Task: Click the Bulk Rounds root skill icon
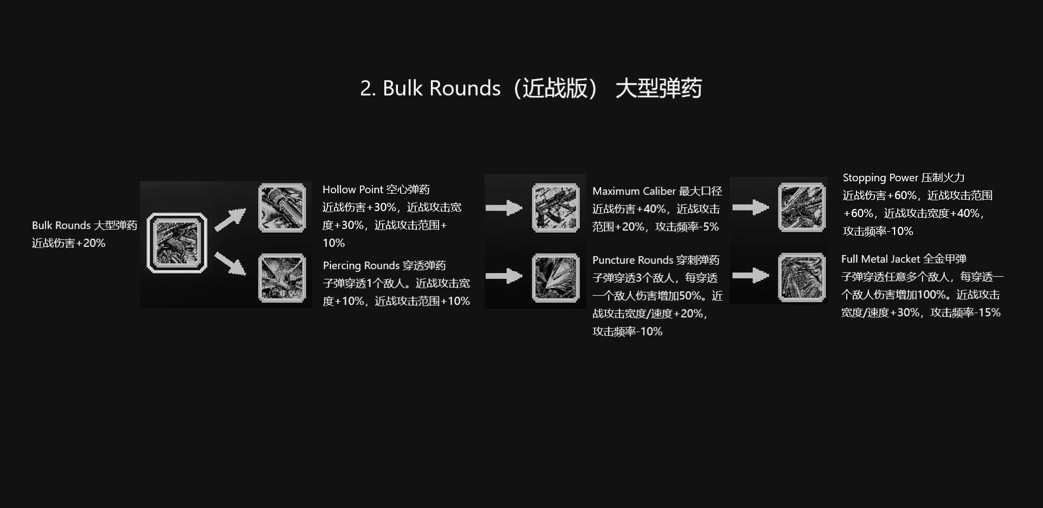(x=177, y=243)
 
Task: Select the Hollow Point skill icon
(x=282, y=208)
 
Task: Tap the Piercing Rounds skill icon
(x=282, y=278)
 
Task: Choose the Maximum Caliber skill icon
(x=556, y=208)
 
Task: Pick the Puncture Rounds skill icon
(x=556, y=278)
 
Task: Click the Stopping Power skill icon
(x=802, y=207)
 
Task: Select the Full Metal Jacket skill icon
(x=802, y=277)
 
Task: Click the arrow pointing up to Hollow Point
(x=230, y=220)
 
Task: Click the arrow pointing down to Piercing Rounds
(x=230, y=263)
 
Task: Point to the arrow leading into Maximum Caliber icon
(x=504, y=207)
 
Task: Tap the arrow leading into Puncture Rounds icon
(x=504, y=276)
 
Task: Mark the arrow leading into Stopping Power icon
(x=750, y=207)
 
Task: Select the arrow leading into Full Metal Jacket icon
(x=750, y=276)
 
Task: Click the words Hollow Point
(x=353, y=189)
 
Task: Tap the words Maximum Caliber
(x=634, y=191)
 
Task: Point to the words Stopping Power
(x=880, y=177)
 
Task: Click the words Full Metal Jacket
(x=880, y=259)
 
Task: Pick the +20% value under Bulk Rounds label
(x=91, y=243)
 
